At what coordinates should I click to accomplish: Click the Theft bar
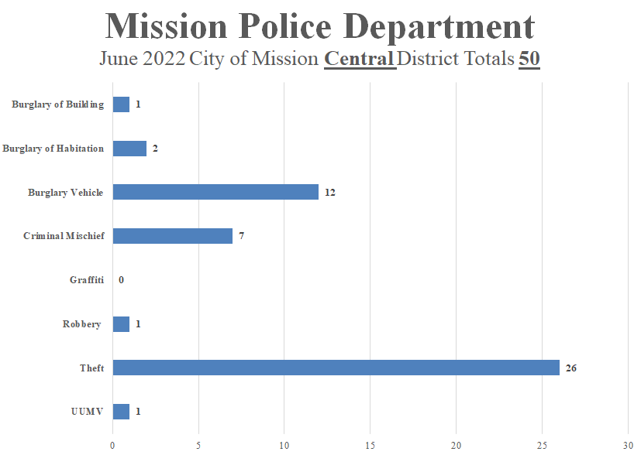(x=336, y=368)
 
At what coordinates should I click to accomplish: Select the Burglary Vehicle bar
(x=215, y=192)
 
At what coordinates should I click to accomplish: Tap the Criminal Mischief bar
(x=173, y=236)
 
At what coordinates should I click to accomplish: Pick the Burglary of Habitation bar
(x=129, y=149)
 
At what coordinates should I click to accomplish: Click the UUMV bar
(x=121, y=412)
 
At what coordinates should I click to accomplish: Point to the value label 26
(x=570, y=368)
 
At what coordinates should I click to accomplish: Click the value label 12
(x=329, y=193)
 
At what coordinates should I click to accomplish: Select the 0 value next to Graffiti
(x=122, y=280)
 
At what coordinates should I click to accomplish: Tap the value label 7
(x=242, y=236)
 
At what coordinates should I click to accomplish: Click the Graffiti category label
(x=86, y=280)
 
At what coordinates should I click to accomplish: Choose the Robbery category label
(x=81, y=324)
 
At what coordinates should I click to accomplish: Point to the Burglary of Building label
(x=57, y=104)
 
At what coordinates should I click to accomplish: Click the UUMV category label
(x=87, y=412)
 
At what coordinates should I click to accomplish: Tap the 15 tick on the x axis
(x=370, y=445)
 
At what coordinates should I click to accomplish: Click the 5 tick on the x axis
(x=198, y=445)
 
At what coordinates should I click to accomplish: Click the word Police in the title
(x=298, y=27)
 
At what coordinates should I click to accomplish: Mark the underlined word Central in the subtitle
(x=360, y=59)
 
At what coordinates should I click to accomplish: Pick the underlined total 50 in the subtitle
(x=529, y=59)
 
